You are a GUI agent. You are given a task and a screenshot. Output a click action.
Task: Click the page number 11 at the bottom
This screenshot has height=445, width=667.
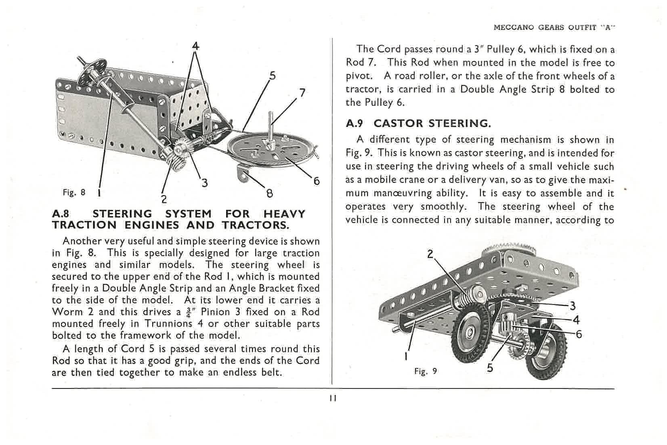point(333,398)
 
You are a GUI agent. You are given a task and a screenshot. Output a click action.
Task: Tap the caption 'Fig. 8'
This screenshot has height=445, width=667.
point(74,192)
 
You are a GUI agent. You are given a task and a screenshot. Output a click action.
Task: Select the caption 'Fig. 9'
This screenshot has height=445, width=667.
point(426,371)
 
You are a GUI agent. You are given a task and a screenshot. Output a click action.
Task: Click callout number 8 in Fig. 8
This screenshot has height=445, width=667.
point(269,193)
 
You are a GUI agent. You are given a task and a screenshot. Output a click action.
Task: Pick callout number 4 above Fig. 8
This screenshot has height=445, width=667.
point(196,46)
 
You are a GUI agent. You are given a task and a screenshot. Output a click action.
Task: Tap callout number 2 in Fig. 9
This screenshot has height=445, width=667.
point(430,254)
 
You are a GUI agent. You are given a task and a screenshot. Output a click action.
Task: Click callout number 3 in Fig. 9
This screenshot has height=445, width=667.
point(572,306)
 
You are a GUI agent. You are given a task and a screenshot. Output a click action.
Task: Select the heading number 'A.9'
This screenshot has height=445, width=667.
point(355,123)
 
